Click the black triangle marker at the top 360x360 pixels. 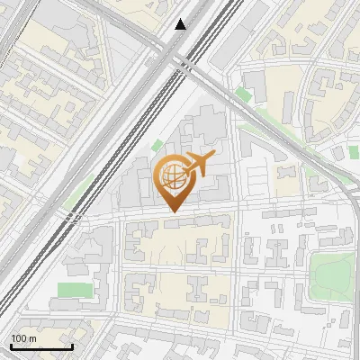click(181, 24)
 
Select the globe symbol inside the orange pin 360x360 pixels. click(172, 176)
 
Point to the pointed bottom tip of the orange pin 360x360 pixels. click(173, 211)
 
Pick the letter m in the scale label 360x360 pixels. click(33, 337)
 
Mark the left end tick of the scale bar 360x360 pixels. click(11, 346)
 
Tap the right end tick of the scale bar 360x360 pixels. click(72, 346)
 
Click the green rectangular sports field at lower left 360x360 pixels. click(74, 290)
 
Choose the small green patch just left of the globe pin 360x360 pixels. click(157, 145)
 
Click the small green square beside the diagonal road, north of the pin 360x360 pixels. click(243, 93)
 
